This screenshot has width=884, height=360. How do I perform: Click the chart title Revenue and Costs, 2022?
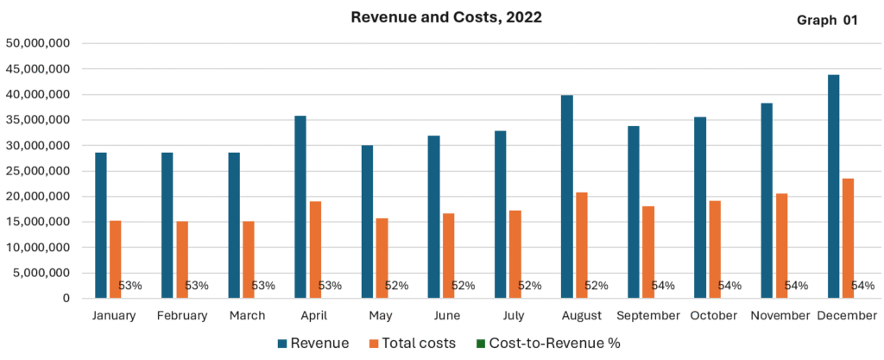pyautogui.click(x=445, y=17)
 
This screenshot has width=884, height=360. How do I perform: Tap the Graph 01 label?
pyautogui.click(x=827, y=21)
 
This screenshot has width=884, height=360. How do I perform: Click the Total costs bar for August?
pyautogui.click(x=582, y=245)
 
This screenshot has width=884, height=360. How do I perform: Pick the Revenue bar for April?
pyautogui.click(x=300, y=207)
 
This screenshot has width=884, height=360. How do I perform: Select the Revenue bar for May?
pyautogui.click(x=367, y=222)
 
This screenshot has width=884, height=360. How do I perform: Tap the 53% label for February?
pyautogui.click(x=197, y=286)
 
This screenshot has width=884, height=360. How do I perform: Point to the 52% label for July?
pyautogui.click(x=529, y=286)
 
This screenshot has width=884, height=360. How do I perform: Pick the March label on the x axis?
pyautogui.click(x=247, y=316)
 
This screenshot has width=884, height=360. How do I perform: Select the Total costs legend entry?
pyautogui.click(x=410, y=343)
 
